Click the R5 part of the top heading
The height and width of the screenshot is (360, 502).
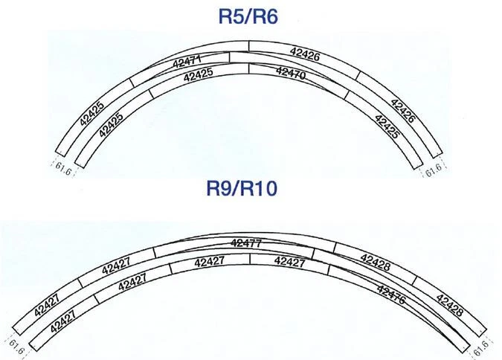[x=231, y=16]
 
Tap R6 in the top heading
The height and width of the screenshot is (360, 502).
[x=265, y=16]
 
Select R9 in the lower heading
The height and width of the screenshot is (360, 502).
[x=219, y=188]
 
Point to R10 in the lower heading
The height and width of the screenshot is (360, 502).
[x=259, y=188]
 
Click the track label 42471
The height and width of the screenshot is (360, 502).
[x=187, y=61]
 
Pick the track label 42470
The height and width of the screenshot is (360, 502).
[x=291, y=73]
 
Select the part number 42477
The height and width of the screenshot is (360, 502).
[x=246, y=243]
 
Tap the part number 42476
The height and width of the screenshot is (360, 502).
[x=391, y=295]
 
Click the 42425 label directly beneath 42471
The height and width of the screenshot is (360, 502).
[x=199, y=74]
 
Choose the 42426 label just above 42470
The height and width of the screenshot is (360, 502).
[x=305, y=54]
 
